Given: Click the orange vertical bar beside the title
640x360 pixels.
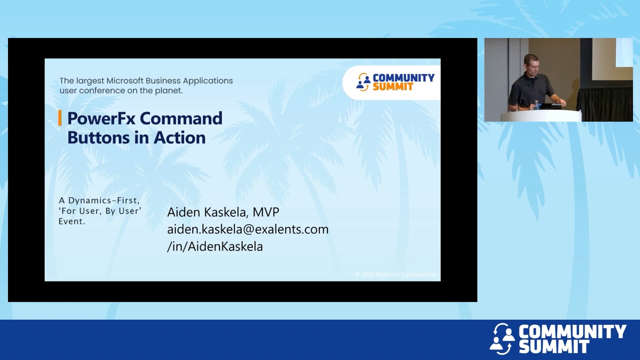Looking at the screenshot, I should click(60, 118).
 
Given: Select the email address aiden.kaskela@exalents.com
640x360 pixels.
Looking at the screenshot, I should click(248, 229).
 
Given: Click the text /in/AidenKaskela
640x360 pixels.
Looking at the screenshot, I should click(215, 247).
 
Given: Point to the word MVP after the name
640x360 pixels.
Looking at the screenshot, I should click(266, 212).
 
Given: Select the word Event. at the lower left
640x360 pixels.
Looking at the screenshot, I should click(72, 221).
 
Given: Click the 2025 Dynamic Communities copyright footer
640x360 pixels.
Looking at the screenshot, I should click(397, 275).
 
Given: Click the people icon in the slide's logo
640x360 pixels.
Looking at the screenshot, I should click(363, 82).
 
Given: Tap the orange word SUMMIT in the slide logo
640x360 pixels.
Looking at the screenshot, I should click(393, 87).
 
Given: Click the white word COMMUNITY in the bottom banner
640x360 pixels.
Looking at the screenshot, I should click(572, 332).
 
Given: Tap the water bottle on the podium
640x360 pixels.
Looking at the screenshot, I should click(537, 105).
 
